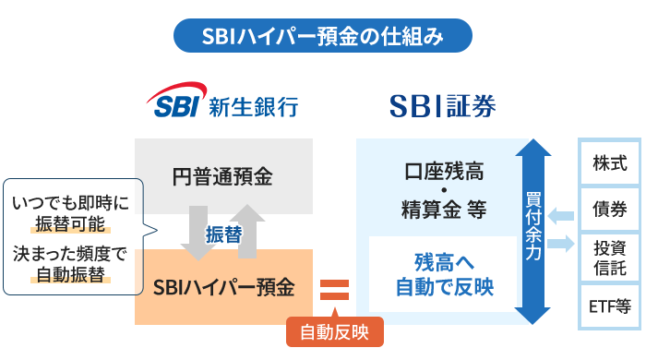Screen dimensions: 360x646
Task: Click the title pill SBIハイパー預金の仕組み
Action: pyautogui.click(x=323, y=37)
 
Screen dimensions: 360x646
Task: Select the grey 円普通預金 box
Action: pyautogui.click(x=223, y=174)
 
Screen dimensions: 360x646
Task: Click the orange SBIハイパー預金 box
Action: pyautogui.click(x=223, y=287)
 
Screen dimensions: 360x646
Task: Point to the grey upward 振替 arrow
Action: pyautogui.click(x=250, y=232)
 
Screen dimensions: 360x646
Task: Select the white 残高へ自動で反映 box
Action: pyautogui.click(x=444, y=274)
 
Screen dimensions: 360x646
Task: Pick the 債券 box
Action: pyautogui.click(x=610, y=209)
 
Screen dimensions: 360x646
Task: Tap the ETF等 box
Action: pyautogui.click(x=610, y=306)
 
